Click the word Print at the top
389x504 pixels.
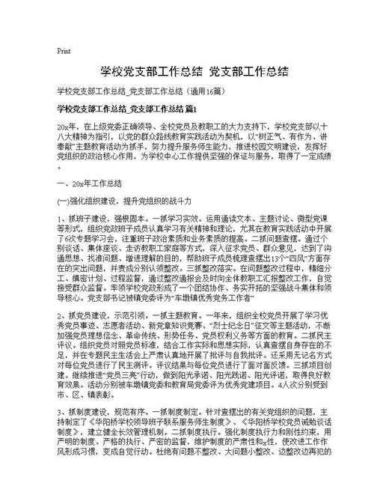64,51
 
